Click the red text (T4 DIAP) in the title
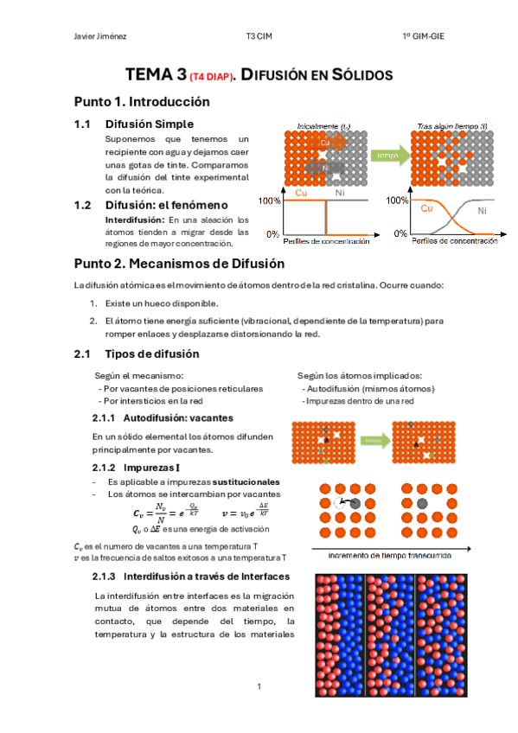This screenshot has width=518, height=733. click(205, 77)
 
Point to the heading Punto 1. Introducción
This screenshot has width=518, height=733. click(142, 101)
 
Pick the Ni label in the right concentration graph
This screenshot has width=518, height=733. click(482, 210)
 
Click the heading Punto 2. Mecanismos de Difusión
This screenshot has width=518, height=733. click(179, 263)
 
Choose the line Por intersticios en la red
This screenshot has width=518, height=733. click(151, 401)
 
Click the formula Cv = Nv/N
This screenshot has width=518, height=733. click(161, 512)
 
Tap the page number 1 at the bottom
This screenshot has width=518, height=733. click(258, 686)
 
